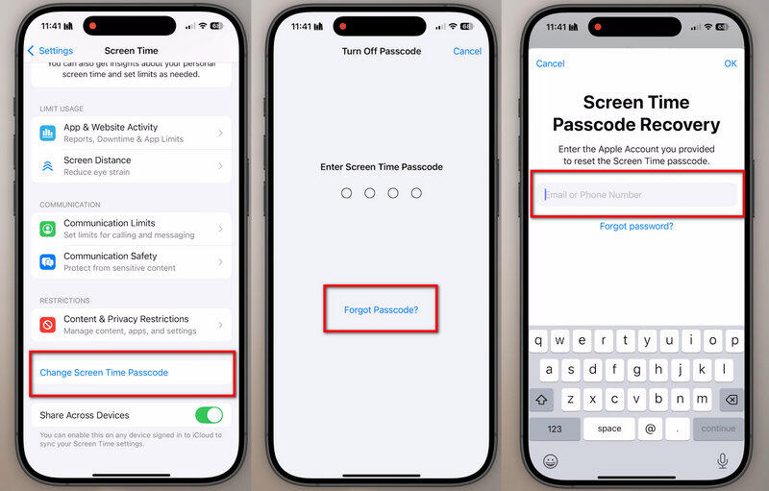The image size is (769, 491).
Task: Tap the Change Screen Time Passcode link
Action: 104,373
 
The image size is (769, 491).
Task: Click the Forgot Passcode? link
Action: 381,309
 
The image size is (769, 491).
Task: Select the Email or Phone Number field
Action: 635,195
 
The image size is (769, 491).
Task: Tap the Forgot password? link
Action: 635,226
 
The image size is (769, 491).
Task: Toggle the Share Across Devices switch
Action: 209,415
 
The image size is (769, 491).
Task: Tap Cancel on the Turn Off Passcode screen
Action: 467,51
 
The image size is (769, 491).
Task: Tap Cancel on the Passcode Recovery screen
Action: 550,63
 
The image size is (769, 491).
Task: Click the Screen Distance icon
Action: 47,166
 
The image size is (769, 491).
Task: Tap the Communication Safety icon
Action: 47,262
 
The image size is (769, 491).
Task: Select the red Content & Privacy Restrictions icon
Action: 47,325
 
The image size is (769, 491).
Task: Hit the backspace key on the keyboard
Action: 730,400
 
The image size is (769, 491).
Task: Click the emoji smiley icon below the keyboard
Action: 551,461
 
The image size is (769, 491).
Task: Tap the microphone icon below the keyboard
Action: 722,461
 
